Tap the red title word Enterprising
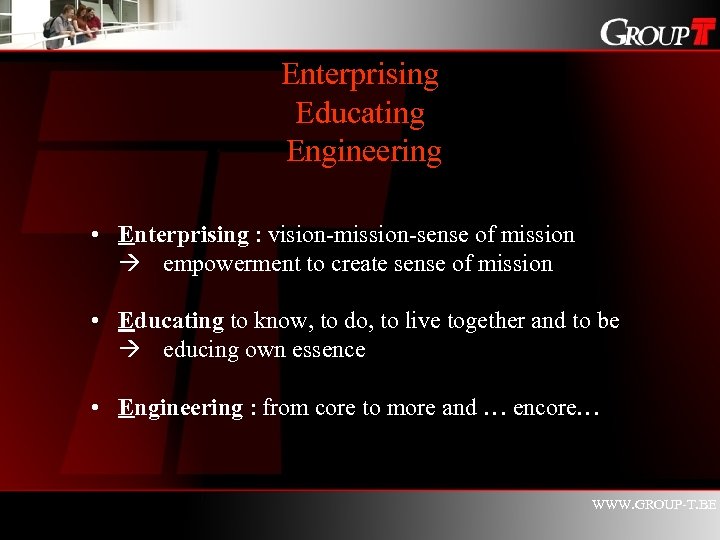point(360,74)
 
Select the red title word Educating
point(360,113)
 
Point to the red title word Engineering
point(363,152)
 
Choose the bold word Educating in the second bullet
point(171,321)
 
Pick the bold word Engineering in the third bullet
point(180,408)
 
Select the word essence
point(330,350)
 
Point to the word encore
point(546,408)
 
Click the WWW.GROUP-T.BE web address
point(654,505)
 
